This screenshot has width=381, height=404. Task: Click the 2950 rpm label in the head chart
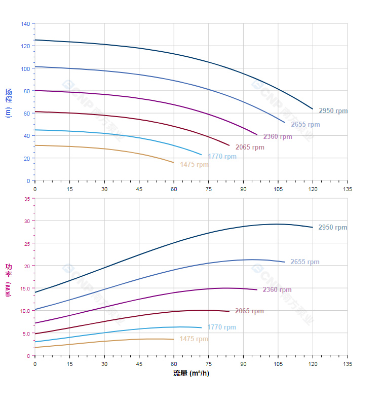tap(333, 111)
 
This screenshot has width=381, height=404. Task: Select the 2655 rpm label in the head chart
tap(305, 125)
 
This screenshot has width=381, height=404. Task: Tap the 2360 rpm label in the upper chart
tap(277, 136)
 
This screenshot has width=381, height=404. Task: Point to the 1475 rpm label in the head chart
tap(194, 165)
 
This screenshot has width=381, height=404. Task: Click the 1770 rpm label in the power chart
tap(221, 327)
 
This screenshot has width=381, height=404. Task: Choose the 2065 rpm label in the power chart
tap(249, 311)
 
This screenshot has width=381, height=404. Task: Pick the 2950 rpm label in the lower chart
tap(332, 228)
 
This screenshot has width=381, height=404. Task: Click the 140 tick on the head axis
tap(25, 23)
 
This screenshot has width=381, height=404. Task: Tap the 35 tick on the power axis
tap(27, 199)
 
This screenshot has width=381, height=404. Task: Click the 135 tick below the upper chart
tap(348, 189)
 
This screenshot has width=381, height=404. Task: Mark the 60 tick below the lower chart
tap(174, 364)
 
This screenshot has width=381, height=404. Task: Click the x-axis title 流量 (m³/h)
tap(191, 374)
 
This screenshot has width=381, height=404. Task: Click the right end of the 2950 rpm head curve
tap(313, 109)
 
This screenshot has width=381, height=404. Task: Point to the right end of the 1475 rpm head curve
tap(174, 163)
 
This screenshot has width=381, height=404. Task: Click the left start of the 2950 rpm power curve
tap(35, 292)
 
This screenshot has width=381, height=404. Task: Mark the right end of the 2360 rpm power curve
tap(257, 289)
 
